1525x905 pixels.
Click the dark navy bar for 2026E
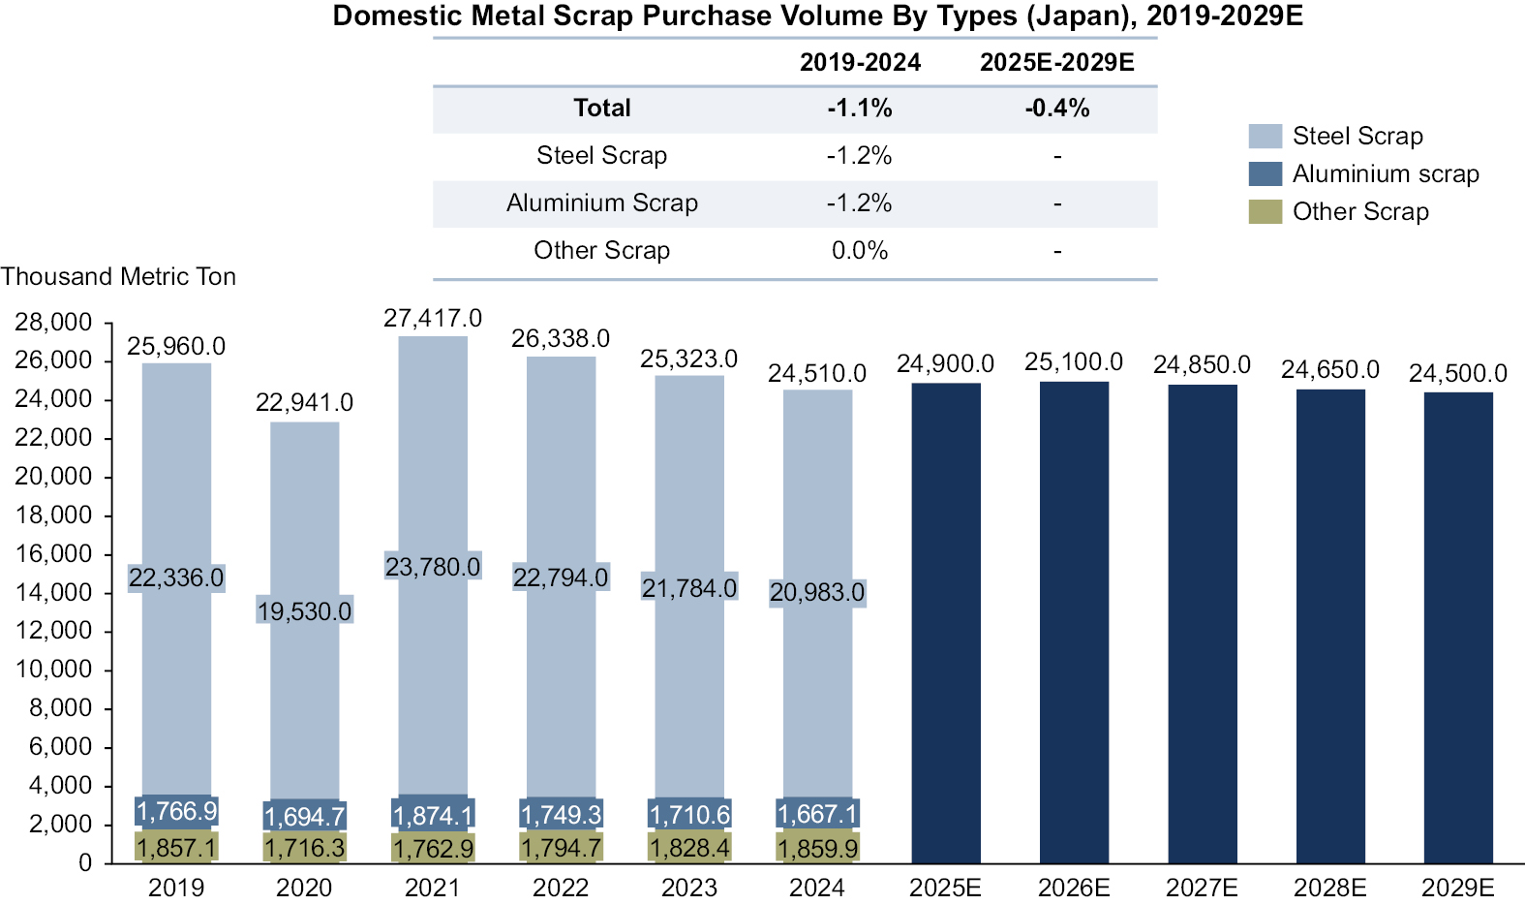pyautogui.click(x=1074, y=622)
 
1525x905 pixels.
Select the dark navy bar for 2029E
pyautogui.click(x=1458, y=627)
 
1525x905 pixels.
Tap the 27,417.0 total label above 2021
pyautogui.click(x=433, y=318)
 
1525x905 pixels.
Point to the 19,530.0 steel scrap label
pyautogui.click(x=304, y=611)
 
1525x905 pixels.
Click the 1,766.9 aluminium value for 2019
pyautogui.click(x=176, y=811)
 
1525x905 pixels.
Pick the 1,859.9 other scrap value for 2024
pyautogui.click(x=817, y=849)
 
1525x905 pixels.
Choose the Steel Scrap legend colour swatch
pyautogui.click(x=1265, y=136)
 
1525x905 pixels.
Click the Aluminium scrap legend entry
pyautogui.click(x=1385, y=173)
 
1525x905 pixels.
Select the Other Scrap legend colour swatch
pyautogui.click(x=1265, y=211)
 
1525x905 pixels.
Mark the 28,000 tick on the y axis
pyautogui.click(x=53, y=322)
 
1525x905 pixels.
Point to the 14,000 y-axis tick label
pyautogui.click(x=53, y=592)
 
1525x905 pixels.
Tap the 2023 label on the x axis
pyautogui.click(x=688, y=888)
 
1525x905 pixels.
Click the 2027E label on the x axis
pyautogui.click(x=1202, y=888)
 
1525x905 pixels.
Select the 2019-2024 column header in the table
pyautogui.click(x=860, y=63)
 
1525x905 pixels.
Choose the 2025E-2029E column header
pyautogui.click(x=1056, y=63)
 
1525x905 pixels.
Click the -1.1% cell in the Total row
pyautogui.click(x=860, y=109)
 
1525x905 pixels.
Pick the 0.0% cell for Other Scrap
pyautogui.click(x=860, y=251)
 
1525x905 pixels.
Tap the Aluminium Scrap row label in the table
pyautogui.click(x=601, y=203)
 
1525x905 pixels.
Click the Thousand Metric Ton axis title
pyautogui.click(x=118, y=277)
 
